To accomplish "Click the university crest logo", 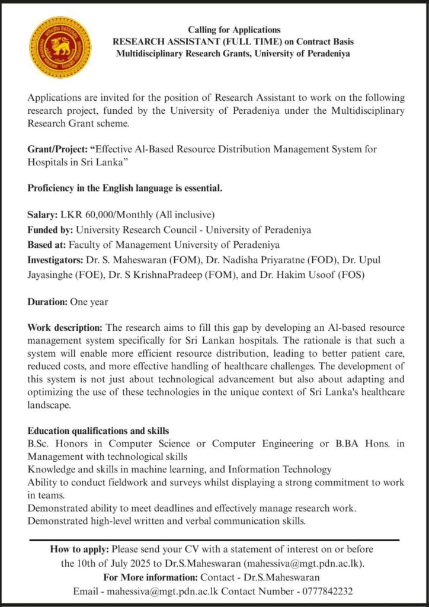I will [x=60, y=47].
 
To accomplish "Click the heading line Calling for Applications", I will [x=234, y=30].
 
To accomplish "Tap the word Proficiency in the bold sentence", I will [x=53, y=189].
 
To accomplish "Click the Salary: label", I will [x=42, y=215].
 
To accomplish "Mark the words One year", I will [x=89, y=301].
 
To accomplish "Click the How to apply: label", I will [x=80, y=549].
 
